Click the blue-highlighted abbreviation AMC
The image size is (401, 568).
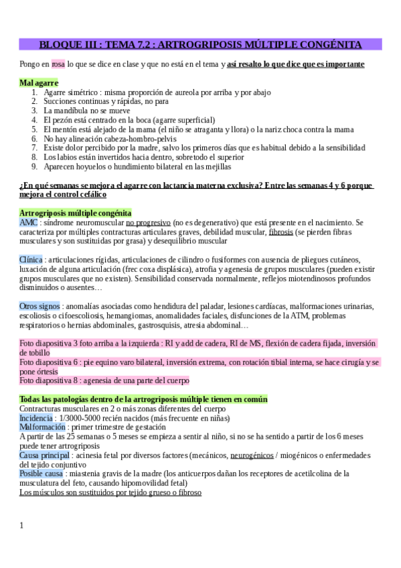click(28, 222)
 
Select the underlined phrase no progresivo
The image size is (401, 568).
click(147, 222)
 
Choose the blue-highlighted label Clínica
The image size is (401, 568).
click(31, 259)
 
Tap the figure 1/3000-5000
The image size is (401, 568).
click(90, 417)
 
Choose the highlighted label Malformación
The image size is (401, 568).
click(42, 427)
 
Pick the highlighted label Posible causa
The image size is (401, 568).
click(42, 474)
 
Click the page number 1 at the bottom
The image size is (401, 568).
click(22, 525)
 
